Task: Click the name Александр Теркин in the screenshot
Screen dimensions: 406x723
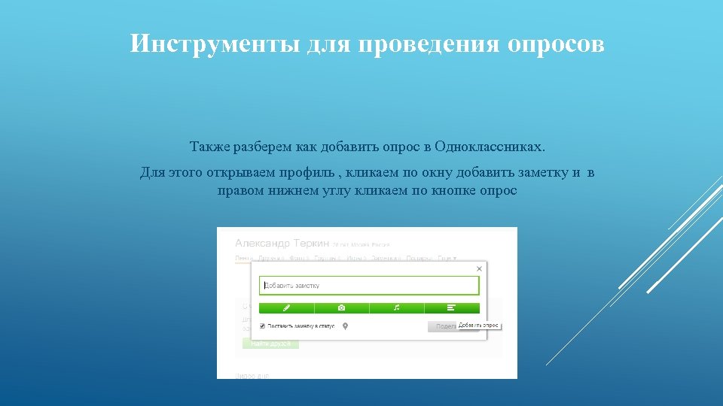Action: (282, 244)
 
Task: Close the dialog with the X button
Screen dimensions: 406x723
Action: (479, 268)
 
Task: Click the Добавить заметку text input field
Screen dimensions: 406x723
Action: (369, 286)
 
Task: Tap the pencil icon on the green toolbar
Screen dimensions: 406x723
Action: (286, 308)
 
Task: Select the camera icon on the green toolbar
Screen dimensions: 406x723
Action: (341, 308)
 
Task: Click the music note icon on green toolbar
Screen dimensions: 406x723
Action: (396, 308)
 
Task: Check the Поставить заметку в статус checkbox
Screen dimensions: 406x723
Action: (262, 326)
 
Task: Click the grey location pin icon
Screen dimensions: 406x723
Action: (345, 326)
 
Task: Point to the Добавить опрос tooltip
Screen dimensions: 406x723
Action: (478, 326)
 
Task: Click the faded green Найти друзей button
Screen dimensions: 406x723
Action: (270, 344)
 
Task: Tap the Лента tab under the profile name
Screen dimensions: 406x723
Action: (243, 259)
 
